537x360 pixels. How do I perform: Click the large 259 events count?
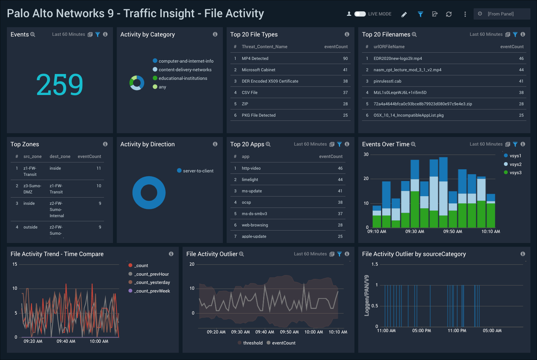click(60, 85)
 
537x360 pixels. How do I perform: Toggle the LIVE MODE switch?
click(360, 14)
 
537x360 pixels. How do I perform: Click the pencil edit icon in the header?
click(404, 14)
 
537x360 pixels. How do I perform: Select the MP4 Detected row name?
click(255, 59)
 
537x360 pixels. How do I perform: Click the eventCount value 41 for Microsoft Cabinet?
click(345, 70)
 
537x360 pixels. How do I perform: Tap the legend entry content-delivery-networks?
click(185, 70)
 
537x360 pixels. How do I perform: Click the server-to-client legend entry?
click(198, 171)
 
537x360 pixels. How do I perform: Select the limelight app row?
click(250, 180)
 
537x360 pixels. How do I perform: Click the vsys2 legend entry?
click(515, 165)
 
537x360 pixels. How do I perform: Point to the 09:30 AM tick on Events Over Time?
click(414, 232)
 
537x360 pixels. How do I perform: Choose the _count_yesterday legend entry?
click(152, 283)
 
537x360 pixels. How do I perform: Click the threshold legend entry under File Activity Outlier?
click(252, 343)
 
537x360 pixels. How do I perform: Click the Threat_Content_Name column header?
click(264, 47)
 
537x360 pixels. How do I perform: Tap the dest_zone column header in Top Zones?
click(60, 157)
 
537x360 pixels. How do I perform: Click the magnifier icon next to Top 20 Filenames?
click(414, 35)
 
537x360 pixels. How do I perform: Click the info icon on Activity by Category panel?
click(215, 34)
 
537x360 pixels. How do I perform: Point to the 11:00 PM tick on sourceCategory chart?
click(457, 331)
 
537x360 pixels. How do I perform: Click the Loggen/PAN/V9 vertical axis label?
click(367, 295)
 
